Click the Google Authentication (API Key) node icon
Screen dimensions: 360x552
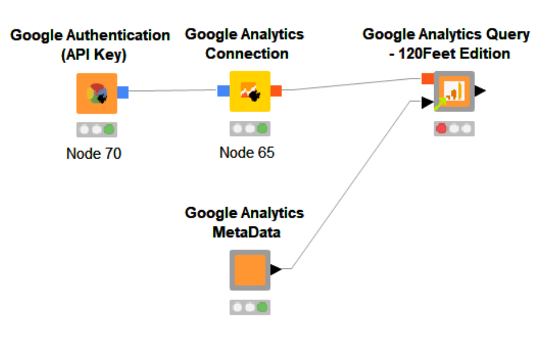[x=96, y=93]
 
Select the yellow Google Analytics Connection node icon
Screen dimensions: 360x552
[x=250, y=91]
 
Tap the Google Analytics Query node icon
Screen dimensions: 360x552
[x=454, y=91]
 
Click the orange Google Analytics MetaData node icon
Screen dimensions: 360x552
[x=250, y=270]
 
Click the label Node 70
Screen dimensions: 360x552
[x=94, y=154]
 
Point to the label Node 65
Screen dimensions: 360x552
[x=247, y=153]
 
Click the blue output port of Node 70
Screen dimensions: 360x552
[x=123, y=92]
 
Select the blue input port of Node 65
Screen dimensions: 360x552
[x=223, y=90]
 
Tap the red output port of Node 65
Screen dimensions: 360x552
[x=276, y=90]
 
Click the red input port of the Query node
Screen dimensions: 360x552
[x=427, y=78]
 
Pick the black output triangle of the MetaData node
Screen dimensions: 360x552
[x=276, y=269]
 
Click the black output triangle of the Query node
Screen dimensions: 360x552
[x=480, y=90]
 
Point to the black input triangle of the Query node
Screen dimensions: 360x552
[x=427, y=103]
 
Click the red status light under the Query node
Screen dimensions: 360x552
[x=442, y=128]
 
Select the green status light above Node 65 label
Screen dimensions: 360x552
[x=263, y=128]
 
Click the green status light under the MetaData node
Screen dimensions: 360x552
[x=263, y=306]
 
